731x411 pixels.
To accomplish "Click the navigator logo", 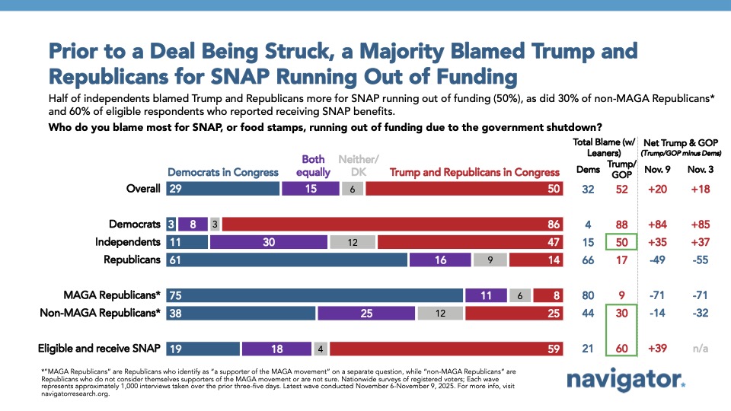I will click(625, 380).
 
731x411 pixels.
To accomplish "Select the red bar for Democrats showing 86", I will click(391, 225).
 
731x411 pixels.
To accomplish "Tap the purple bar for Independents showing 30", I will click(268, 242).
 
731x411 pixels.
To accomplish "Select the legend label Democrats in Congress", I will click(222, 172).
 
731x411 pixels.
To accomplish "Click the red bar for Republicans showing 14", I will click(536, 260).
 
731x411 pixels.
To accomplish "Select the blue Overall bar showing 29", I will click(222, 189).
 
